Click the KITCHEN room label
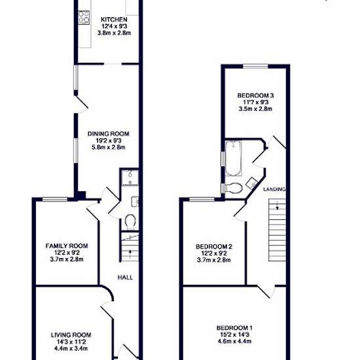114,20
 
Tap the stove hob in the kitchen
84,17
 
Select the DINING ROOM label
109,134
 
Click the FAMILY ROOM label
67,246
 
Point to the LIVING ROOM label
71,335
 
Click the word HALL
125,278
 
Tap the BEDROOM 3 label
255,96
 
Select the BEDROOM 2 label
214,247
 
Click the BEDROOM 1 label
234,328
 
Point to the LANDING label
274,189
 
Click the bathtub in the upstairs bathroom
233,158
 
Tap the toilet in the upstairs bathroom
234,189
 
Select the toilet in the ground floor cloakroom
130,222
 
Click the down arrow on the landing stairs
278,206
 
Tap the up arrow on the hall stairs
130,255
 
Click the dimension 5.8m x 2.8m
109,147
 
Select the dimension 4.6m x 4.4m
234,341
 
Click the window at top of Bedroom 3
255,66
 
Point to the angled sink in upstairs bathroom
251,183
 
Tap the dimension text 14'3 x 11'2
71,342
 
